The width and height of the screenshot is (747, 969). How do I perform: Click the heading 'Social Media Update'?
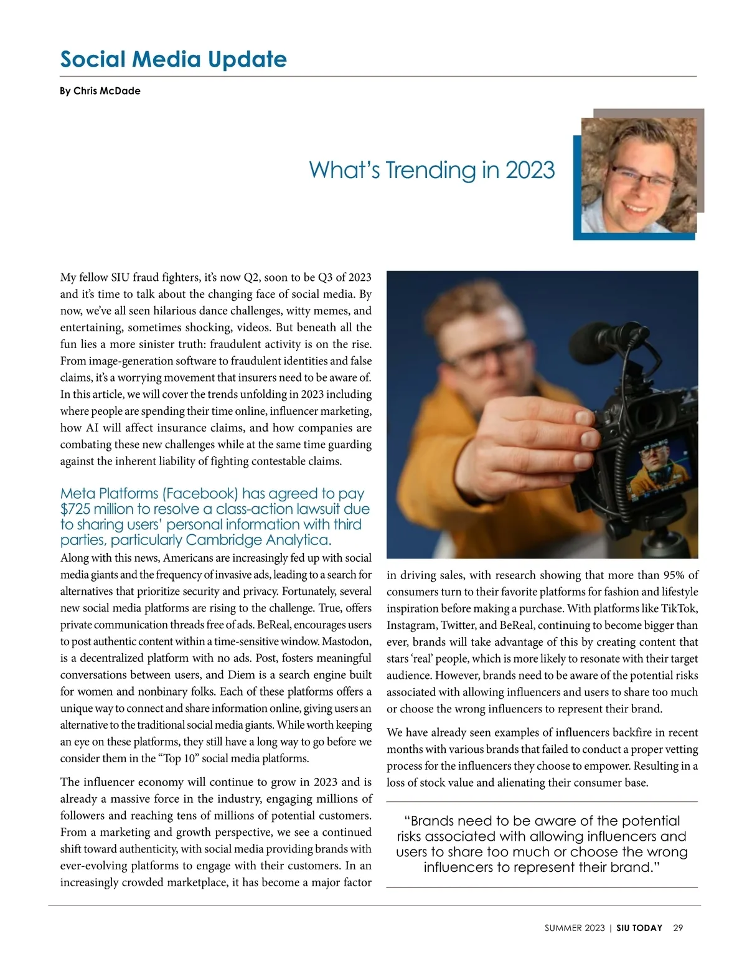click(173, 59)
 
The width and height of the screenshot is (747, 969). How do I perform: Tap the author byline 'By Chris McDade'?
click(100, 91)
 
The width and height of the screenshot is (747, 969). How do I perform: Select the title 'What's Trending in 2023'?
click(431, 170)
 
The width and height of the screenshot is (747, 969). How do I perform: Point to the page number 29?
click(678, 928)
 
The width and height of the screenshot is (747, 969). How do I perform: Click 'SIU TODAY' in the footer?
click(639, 928)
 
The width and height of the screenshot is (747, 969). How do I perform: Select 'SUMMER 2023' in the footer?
click(575, 928)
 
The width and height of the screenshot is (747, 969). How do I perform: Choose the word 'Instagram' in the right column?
click(411, 625)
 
